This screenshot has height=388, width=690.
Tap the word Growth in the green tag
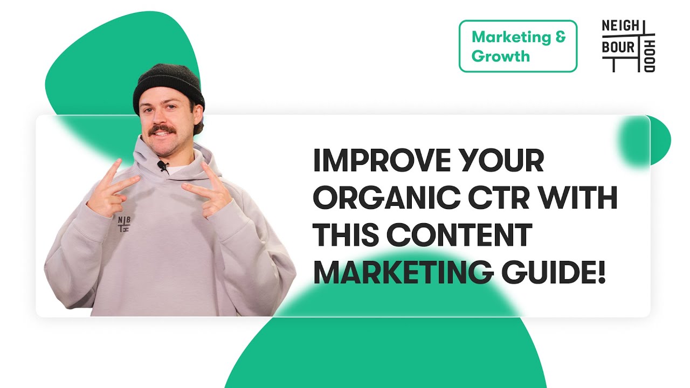click(500, 56)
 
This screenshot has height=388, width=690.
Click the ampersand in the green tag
click(560, 38)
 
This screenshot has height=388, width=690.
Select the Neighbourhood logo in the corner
click(629, 46)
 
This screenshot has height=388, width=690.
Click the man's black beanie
click(168, 86)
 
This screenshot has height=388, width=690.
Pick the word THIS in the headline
click(345, 237)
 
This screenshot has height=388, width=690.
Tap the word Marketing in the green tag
click(510, 38)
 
